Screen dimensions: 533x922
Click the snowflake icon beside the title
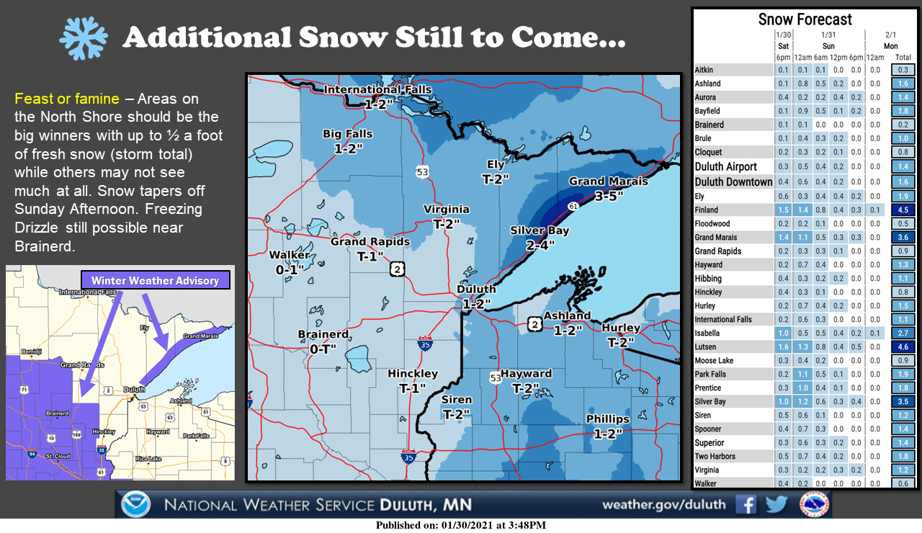point(84,37)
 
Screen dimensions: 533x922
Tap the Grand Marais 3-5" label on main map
point(608,187)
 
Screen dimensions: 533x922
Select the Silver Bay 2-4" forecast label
point(540,237)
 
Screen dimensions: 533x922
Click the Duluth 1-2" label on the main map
point(476,296)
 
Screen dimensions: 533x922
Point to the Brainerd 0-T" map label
point(323,341)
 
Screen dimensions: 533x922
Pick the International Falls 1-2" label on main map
point(377,97)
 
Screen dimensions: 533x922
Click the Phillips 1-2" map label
point(607,426)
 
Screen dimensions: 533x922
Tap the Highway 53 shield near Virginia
point(422,172)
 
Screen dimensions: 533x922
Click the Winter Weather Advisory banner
point(155,280)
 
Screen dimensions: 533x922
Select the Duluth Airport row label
point(726,166)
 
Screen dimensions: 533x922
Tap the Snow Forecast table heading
point(805,19)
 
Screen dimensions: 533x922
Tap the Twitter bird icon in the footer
point(776,504)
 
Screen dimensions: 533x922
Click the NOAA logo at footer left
point(136,504)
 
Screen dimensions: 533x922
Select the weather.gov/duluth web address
point(663,504)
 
